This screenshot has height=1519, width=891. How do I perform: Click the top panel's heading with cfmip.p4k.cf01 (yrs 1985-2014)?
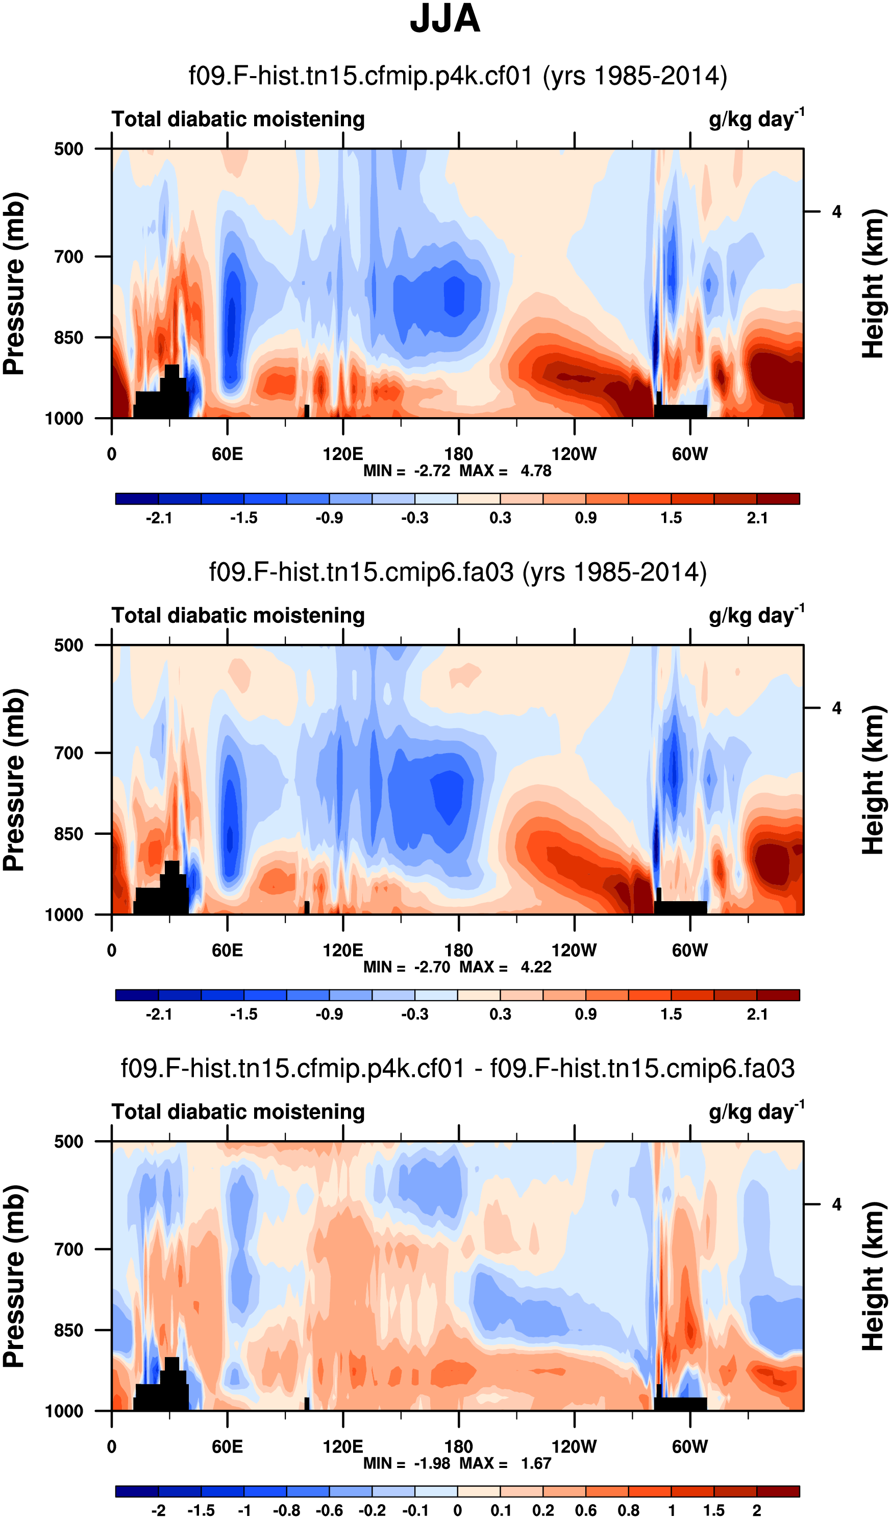458,76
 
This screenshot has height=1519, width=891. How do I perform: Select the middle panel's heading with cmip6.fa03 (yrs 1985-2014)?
458,572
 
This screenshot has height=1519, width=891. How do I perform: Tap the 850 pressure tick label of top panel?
69,337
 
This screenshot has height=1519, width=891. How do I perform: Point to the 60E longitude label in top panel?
227,454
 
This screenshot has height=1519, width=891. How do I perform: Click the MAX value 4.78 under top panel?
535,471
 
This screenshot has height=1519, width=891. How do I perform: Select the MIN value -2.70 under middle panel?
432,967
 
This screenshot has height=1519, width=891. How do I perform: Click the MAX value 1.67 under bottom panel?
535,1463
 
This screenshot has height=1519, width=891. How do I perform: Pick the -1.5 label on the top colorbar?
244,518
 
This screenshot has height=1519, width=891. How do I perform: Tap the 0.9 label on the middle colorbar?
585,1014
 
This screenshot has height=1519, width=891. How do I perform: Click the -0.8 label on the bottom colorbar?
286,1510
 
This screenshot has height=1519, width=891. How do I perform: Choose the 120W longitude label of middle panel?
574,950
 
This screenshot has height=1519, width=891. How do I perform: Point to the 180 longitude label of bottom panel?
458,1446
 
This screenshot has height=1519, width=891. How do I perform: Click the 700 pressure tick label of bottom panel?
69,1249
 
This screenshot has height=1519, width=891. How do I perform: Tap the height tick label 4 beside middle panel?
836,708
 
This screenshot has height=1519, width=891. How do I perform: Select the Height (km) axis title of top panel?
873,283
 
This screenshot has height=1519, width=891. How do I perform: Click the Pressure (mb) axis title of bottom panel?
13,1275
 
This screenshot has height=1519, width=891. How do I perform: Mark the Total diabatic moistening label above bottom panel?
238,1112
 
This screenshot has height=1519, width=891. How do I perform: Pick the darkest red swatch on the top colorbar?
778,498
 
